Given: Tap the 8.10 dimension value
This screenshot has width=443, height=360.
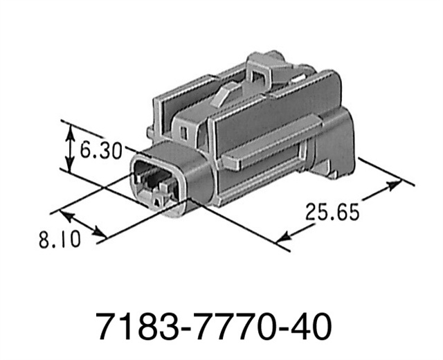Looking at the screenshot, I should (60, 240).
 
